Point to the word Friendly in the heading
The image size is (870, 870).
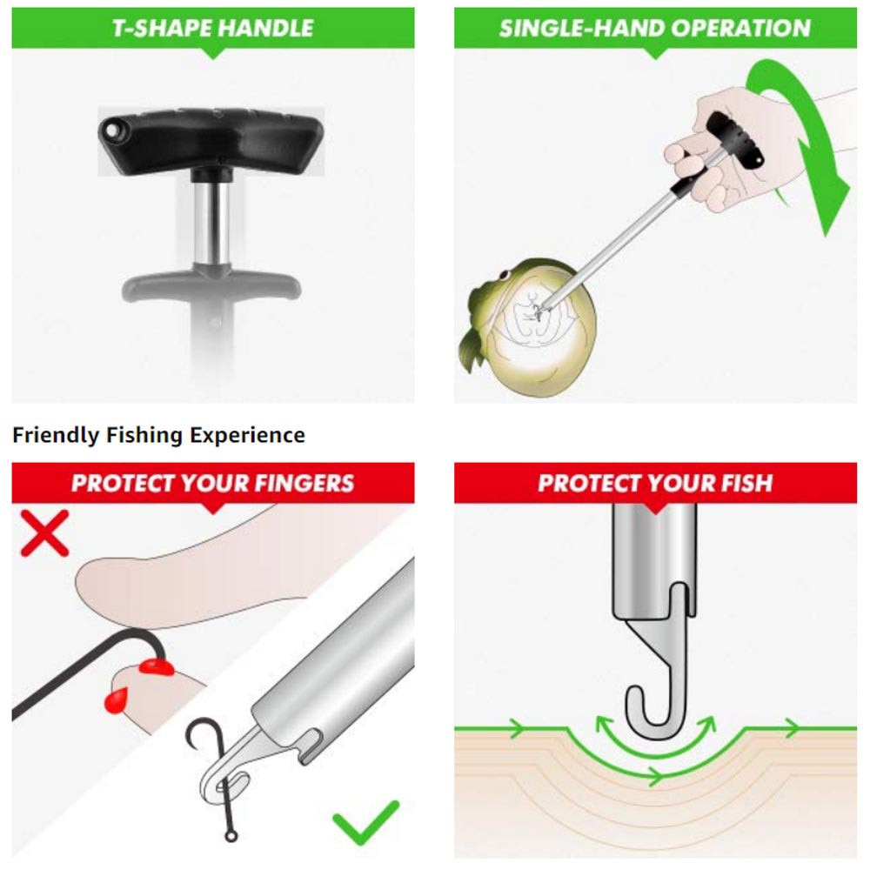56,435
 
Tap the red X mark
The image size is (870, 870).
44,532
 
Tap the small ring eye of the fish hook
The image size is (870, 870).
231,835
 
